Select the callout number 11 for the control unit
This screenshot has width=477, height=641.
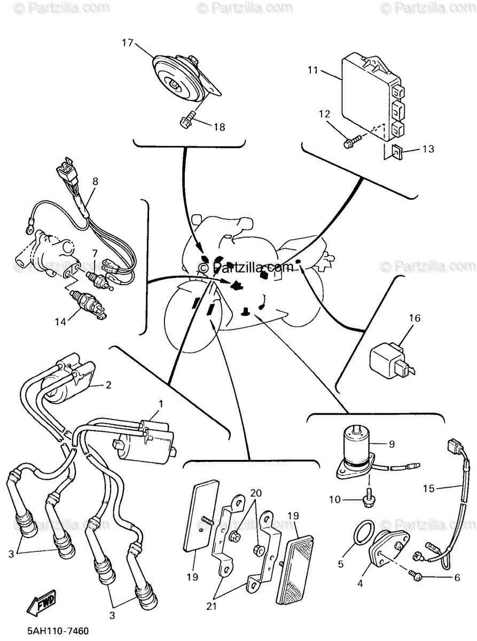[x=312, y=69]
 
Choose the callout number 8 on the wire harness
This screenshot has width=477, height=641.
[x=95, y=181]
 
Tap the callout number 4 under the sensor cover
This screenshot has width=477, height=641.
[x=360, y=584]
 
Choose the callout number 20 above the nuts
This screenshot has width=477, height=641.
[x=256, y=493]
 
